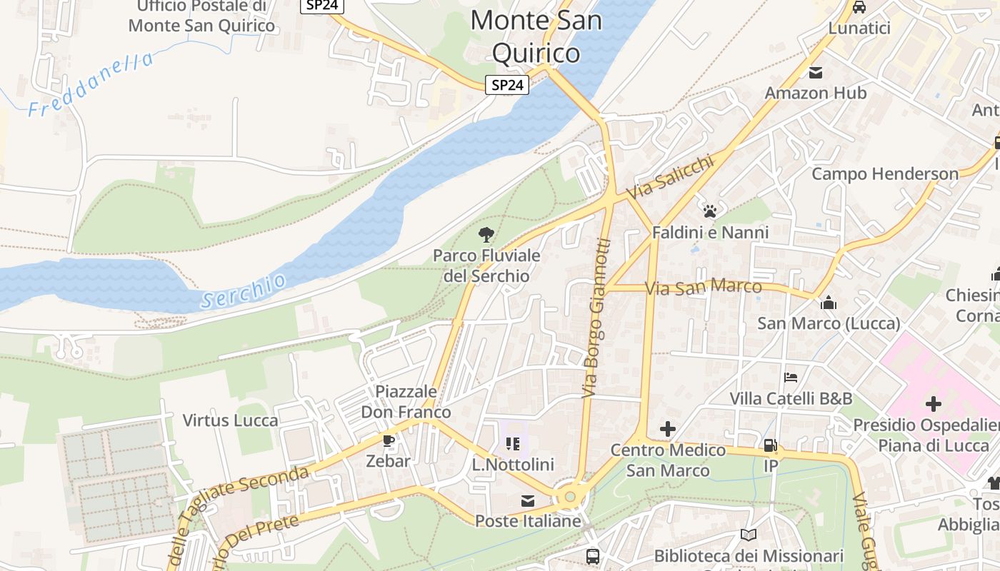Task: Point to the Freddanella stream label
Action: (91, 85)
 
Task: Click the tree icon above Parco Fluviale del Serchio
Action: (486, 234)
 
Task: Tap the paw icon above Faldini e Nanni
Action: (709, 211)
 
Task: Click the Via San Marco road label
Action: (703, 288)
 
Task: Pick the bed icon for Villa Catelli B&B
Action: (791, 377)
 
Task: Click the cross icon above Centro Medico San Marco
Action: (668, 428)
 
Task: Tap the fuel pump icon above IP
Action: (770, 445)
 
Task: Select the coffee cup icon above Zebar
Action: (388, 440)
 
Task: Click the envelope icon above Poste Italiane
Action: (528, 501)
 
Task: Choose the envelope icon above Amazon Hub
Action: (816, 73)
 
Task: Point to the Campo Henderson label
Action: (885, 174)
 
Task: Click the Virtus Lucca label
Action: (230, 420)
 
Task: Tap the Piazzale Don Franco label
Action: (406, 402)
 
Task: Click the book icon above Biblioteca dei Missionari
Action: (749, 535)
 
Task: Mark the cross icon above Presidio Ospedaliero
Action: (933, 404)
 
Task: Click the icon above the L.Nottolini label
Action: (513, 444)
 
